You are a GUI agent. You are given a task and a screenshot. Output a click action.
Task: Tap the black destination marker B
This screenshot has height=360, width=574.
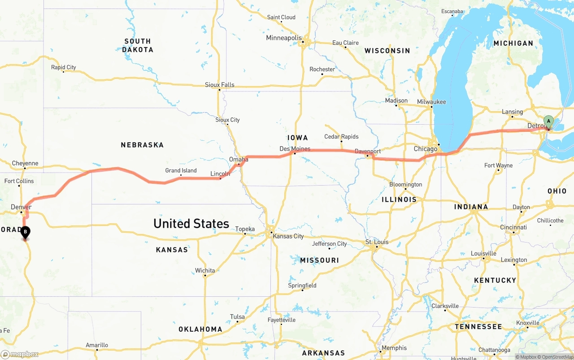26,232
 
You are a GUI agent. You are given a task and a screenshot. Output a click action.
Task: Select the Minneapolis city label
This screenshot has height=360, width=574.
284,38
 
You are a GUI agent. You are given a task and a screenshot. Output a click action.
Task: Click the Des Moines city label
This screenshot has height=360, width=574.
295,148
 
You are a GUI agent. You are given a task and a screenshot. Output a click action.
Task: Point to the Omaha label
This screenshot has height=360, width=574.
239,159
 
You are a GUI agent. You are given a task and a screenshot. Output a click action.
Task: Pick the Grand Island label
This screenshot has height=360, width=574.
181,170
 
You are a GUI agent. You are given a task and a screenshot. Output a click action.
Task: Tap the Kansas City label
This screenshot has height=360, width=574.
288,236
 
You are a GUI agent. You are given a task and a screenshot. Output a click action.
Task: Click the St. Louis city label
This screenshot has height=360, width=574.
377,242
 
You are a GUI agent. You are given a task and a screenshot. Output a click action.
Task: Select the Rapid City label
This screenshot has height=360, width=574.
63,67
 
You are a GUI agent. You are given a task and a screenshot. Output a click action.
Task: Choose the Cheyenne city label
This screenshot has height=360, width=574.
25,163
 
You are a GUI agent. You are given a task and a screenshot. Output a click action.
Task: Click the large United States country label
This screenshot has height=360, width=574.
191,223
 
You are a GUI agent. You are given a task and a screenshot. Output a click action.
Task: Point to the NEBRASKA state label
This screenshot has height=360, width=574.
142,145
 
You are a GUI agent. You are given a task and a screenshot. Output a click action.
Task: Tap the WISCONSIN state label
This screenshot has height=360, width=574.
387,51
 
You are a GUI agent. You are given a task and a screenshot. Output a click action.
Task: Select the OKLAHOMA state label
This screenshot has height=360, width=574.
200,329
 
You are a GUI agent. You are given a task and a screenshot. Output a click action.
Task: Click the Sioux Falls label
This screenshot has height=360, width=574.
220,85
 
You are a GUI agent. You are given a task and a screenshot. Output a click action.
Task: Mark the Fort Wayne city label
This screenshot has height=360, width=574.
498,165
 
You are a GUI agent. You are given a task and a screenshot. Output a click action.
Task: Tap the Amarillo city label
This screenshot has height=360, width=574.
97,345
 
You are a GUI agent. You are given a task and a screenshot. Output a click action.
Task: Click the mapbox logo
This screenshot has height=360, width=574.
20,354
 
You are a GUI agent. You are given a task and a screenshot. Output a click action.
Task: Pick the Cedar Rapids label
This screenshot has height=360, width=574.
341,137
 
